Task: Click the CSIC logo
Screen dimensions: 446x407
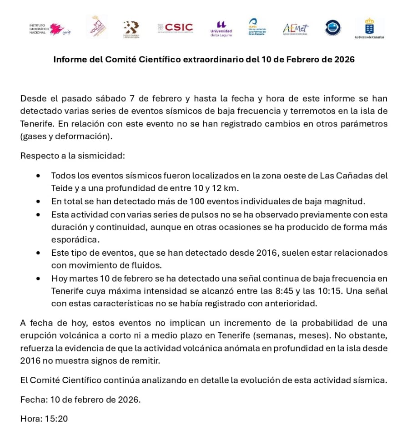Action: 175,28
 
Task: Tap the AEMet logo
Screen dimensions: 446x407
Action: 296,28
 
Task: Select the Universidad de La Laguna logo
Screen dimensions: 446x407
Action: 221,28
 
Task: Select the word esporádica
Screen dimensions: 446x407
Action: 75,239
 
